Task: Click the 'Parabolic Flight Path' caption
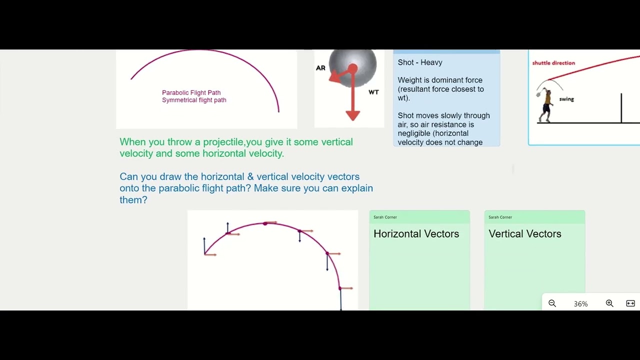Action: coord(191,92)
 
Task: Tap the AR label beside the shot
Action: coord(320,68)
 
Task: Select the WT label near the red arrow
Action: coord(373,92)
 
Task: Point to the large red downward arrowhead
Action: coord(352,115)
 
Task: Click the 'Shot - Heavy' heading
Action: coord(420,62)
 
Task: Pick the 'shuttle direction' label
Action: coord(553,63)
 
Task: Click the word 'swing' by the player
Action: coord(566,99)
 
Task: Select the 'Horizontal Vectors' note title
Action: coord(416,234)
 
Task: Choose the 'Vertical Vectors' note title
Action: coord(524,234)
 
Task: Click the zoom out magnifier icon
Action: coord(552,303)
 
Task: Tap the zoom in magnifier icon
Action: coord(609,303)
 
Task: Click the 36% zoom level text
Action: coord(580,304)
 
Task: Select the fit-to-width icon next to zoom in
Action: coord(630,303)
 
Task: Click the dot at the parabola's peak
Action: coord(265,223)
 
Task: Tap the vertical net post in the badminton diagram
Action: coord(621,107)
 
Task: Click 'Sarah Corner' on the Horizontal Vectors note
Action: coord(385,217)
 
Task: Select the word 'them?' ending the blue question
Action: coord(133,200)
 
